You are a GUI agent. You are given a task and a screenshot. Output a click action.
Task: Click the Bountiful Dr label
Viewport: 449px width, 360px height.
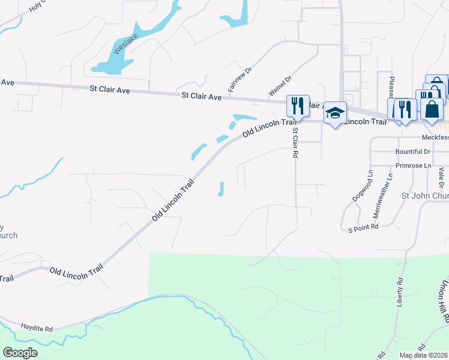click(412, 152)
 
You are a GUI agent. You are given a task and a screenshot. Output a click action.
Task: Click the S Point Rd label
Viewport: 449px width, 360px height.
click(363, 227)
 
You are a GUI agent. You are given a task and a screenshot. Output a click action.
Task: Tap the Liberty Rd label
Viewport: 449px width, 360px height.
click(399, 293)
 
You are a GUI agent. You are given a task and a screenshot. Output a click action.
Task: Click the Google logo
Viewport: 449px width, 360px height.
click(20, 353)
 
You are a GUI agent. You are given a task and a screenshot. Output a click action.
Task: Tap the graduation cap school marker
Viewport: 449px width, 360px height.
click(335, 113)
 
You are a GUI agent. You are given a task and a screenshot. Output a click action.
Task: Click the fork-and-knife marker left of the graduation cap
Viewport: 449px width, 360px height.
click(298, 105)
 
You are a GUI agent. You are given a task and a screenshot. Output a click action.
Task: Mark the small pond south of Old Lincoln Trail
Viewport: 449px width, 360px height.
click(221, 190)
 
